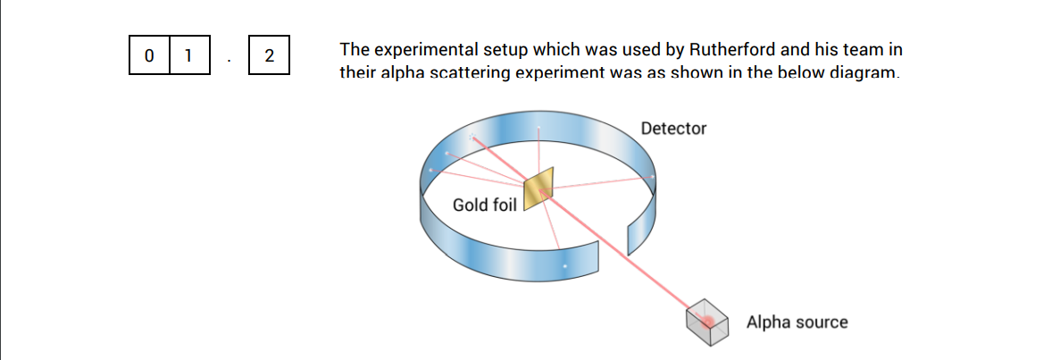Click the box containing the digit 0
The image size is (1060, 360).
(148, 55)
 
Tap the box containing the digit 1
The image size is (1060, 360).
(188, 55)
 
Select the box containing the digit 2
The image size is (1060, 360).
(269, 55)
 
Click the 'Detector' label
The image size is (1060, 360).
(673, 129)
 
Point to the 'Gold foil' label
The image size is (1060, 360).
(484, 205)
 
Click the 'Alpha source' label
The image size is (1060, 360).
(797, 322)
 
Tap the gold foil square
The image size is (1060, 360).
(538, 189)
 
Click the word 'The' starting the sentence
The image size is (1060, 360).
(355, 50)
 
